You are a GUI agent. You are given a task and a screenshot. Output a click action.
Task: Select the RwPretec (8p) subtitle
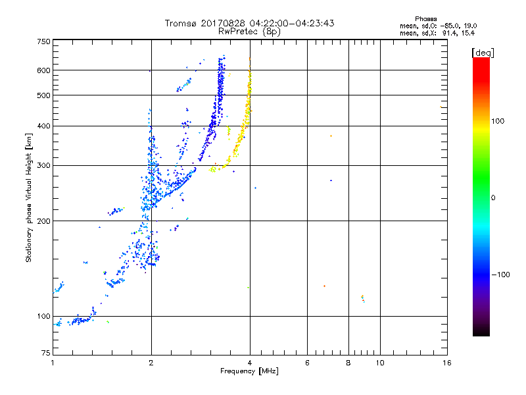click(x=250, y=31)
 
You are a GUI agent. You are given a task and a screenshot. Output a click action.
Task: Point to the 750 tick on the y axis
click(x=43, y=41)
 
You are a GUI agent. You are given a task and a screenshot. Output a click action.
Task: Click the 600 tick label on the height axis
click(x=43, y=70)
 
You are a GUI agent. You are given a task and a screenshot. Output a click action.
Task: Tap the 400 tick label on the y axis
click(x=43, y=126)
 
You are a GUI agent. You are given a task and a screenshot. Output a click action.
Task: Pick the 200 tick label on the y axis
click(x=43, y=221)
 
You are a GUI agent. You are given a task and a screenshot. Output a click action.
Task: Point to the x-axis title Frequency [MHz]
click(x=249, y=372)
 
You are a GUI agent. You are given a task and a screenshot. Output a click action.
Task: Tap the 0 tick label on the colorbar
click(x=494, y=197)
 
